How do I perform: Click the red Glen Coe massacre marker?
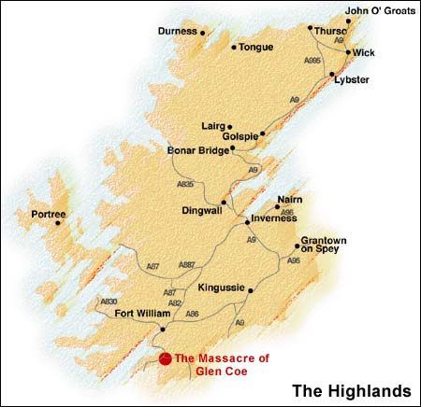click(165, 358)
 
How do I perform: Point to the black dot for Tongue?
click(233, 47)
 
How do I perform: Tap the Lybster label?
click(352, 80)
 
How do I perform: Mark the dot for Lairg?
click(229, 126)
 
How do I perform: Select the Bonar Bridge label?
click(196, 149)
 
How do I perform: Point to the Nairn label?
click(288, 201)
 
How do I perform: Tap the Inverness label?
click(272, 221)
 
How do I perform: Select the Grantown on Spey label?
click(324, 246)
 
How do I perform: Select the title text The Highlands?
click(351, 388)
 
